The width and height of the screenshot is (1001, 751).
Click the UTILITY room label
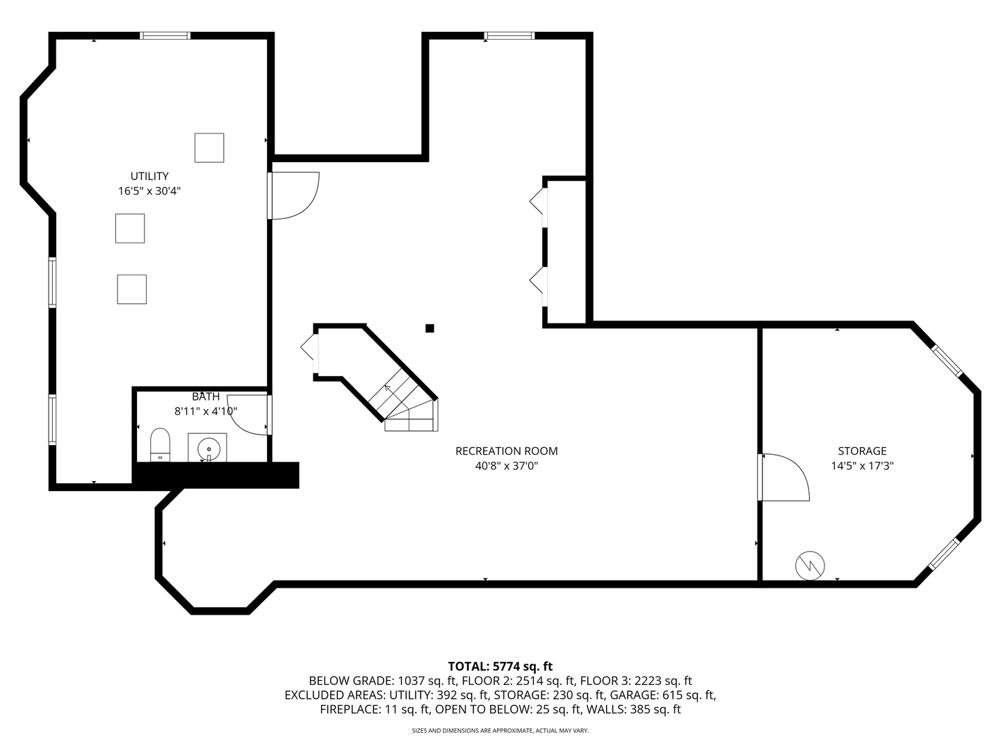pyautogui.click(x=149, y=176)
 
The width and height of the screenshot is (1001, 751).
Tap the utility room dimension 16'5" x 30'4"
pyautogui.click(x=149, y=191)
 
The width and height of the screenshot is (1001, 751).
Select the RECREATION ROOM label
pyautogui.click(x=506, y=451)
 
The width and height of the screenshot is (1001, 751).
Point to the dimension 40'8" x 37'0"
pyautogui.click(x=506, y=466)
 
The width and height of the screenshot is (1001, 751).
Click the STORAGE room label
pyautogui.click(x=862, y=451)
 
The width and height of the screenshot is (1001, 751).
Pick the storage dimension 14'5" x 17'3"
pyautogui.click(x=862, y=466)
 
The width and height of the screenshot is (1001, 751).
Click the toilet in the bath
pyautogui.click(x=161, y=445)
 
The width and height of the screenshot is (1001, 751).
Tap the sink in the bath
pyautogui.click(x=207, y=448)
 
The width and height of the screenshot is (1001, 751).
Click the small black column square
pyautogui.click(x=430, y=328)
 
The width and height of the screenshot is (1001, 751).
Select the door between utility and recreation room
pyautogui.click(x=293, y=195)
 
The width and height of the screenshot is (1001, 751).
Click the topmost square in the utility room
pyautogui.click(x=209, y=147)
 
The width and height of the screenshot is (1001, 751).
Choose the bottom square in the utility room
pyautogui.click(x=131, y=289)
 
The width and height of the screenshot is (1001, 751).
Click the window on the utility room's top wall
pyautogui.click(x=165, y=35)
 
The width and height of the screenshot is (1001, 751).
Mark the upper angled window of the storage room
pyautogui.click(x=947, y=361)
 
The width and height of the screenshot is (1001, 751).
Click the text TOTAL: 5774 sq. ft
pyautogui.click(x=500, y=667)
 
